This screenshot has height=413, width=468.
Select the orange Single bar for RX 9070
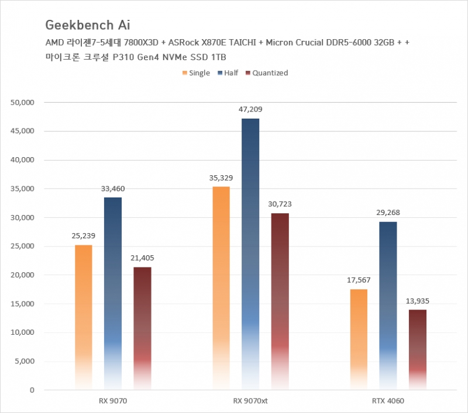84,315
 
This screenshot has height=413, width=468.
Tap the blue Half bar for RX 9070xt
250,251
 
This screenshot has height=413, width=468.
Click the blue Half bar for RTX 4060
388,304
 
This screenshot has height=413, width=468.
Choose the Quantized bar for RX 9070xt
280,298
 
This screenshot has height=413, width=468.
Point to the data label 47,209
250,109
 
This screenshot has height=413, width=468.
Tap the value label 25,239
84,235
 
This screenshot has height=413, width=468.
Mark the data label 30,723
280,204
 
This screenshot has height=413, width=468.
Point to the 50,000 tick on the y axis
23,103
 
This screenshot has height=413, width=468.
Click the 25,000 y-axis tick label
23,247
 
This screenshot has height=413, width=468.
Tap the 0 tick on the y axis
32,390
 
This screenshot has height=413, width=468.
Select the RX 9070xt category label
250,401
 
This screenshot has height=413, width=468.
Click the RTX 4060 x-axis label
388,401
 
